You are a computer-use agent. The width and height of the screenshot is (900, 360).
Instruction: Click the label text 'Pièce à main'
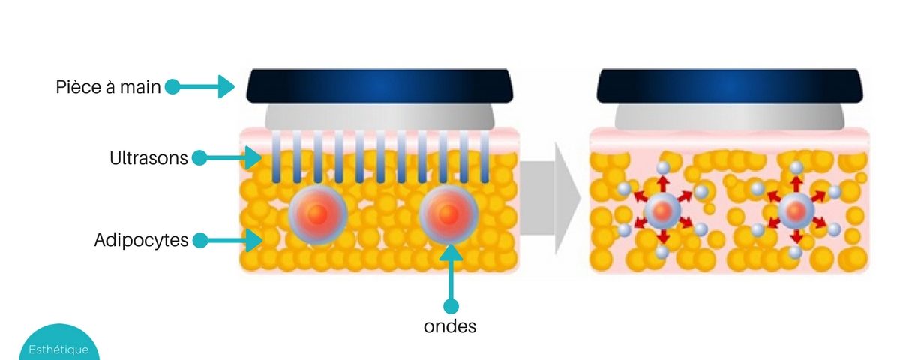pyautogui.click(x=108, y=87)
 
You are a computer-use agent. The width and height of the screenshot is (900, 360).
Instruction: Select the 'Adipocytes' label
pyautogui.click(x=141, y=241)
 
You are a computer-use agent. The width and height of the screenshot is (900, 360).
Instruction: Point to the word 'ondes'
pyautogui.click(x=450, y=326)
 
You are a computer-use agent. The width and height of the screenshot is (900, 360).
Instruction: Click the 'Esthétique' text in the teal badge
pyautogui.click(x=58, y=349)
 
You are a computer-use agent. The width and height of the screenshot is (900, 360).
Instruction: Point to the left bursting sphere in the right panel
pyautogui.click(x=661, y=212)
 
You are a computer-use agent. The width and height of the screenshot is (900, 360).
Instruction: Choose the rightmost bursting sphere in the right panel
pyautogui.click(x=794, y=212)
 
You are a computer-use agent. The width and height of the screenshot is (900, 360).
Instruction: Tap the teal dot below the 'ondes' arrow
pyautogui.click(x=450, y=306)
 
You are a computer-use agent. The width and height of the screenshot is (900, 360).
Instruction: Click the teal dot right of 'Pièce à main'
pyautogui.click(x=172, y=87)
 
